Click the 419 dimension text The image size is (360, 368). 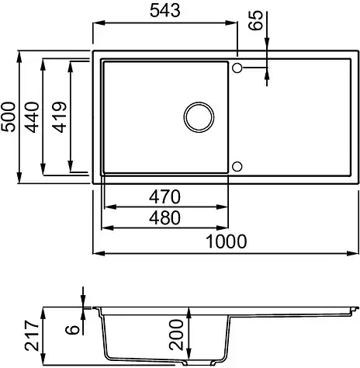point(58,118)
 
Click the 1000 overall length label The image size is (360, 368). point(226,241)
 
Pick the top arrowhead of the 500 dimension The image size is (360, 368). point(21,56)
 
